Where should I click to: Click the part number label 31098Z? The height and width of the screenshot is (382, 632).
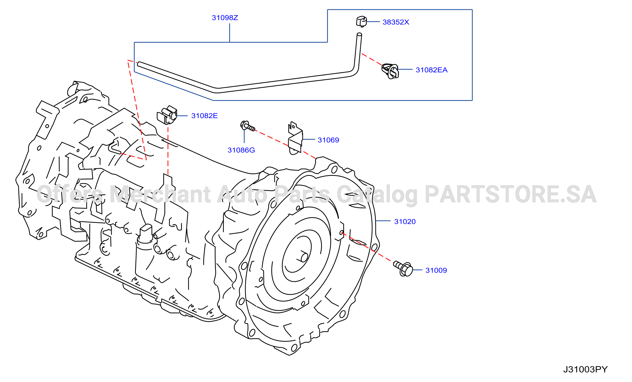tap(225, 18)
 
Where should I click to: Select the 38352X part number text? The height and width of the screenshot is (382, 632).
tap(396, 22)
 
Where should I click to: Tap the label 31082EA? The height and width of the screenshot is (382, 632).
tap(432, 70)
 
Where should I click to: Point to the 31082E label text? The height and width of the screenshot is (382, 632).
tap(204, 116)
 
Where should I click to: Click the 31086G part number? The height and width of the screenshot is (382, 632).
tap(241, 150)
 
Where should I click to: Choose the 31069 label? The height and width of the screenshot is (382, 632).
tap(328, 140)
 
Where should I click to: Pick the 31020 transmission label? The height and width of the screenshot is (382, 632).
tap(405, 222)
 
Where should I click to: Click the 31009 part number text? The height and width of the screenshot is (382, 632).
tap(436, 270)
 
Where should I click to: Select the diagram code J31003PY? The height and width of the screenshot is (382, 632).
tap(585, 369)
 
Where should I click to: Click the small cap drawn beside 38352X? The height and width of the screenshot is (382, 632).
tap(362, 22)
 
